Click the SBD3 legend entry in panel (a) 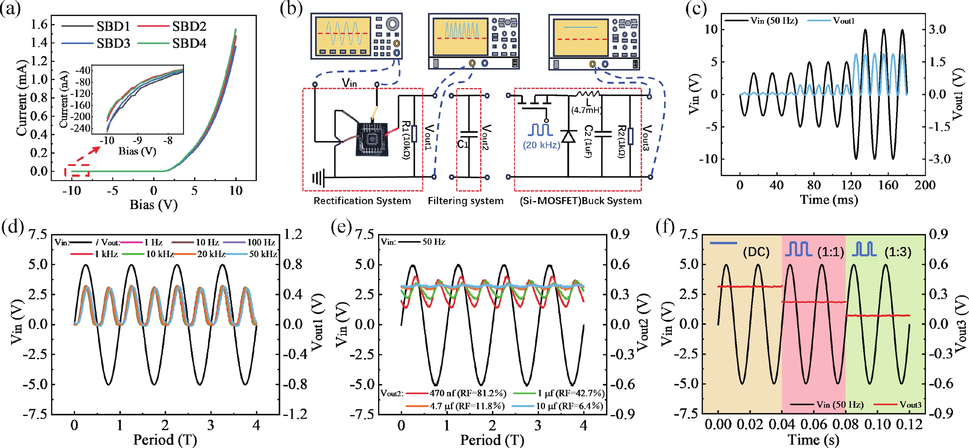(x=113, y=43)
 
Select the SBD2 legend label (x=189, y=26)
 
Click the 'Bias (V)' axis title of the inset (x=137, y=151)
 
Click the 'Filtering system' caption (x=465, y=201)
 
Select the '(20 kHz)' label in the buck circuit (x=541, y=145)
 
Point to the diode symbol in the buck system (x=568, y=136)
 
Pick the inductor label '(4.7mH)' (x=586, y=110)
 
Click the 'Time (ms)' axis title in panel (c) (x=829, y=200)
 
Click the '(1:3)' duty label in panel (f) (x=898, y=252)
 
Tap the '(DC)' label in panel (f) (x=756, y=252)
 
